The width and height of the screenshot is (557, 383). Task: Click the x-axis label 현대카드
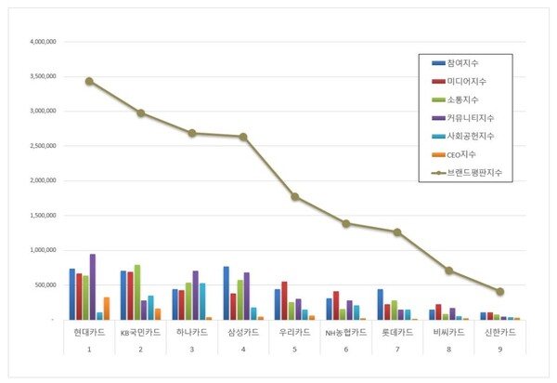coord(89,332)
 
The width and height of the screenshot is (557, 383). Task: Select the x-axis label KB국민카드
coord(141,332)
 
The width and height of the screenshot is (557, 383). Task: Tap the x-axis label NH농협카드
coord(346,332)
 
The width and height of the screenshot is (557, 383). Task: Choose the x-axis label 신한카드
coord(500,332)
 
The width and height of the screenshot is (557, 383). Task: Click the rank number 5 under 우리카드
coord(294,349)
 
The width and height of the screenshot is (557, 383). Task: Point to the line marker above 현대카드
coord(89,81)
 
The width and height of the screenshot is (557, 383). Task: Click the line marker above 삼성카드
coord(243,137)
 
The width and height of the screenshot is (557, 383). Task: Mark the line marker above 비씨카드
coord(448,271)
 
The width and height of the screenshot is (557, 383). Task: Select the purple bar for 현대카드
coord(92,287)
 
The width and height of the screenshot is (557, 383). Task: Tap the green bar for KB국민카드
coord(137,292)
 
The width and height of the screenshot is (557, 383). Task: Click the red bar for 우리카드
coord(284,300)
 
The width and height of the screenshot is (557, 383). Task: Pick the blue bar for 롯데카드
coord(380,304)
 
